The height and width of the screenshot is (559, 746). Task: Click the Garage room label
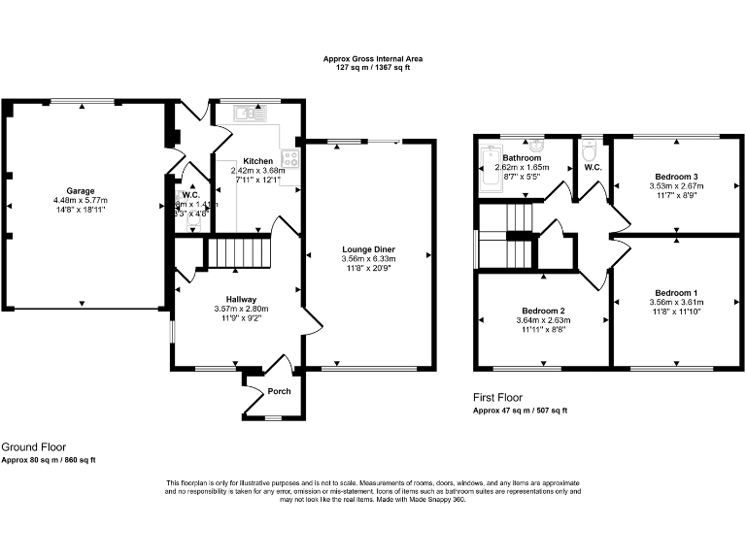pyautogui.click(x=81, y=191)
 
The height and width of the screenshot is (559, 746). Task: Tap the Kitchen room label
pyautogui.click(x=257, y=161)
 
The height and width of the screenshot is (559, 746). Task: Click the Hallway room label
pyautogui.click(x=240, y=299)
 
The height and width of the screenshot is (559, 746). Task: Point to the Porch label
pyautogui.click(x=280, y=391)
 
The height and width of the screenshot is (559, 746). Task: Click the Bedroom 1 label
pyautogui.click(x=675, y=292)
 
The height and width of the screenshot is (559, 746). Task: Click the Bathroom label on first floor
pyautogui.click(x=522, y=157)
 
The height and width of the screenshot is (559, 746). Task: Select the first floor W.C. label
pyautogui.click(x=592, y=168)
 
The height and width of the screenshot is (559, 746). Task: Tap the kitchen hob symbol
pyautogui.click(x=289, y=158)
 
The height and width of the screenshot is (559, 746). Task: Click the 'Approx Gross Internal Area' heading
pyautogui.click(x=373, y=59)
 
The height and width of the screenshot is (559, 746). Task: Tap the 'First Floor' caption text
pyautogui.click(x=498, y=398)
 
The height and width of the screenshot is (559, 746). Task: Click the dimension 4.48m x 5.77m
pyautogui.click(x=81, y=201)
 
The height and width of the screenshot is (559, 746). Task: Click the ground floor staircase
pyautogui.click(x=234, y=252)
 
